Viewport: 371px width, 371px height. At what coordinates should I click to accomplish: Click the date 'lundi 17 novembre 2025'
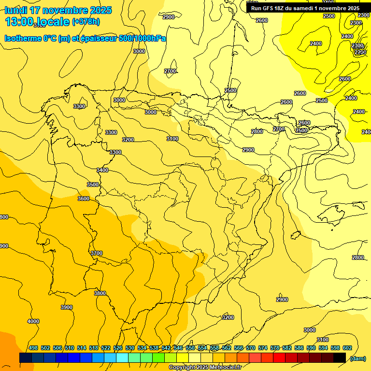58,10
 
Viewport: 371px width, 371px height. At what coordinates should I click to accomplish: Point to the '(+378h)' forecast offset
86,22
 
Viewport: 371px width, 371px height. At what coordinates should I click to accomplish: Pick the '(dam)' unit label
357,358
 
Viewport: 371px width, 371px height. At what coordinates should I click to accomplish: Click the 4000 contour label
33,321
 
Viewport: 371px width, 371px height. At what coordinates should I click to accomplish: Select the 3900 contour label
67,307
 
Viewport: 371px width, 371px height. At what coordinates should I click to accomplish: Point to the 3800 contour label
100,293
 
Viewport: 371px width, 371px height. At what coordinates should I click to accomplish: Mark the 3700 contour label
97,253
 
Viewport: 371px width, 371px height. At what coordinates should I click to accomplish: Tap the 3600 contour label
83,199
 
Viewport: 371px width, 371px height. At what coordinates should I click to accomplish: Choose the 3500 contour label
92,185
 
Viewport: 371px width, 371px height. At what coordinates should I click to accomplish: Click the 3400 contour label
102,170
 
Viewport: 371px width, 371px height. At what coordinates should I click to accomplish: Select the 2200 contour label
360,52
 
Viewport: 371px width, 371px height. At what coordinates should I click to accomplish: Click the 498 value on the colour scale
33,348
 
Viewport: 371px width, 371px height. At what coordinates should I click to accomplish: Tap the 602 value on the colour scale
347,348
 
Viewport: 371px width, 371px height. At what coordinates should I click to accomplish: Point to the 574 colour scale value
263,348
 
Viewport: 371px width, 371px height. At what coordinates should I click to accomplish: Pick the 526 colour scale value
118,348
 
